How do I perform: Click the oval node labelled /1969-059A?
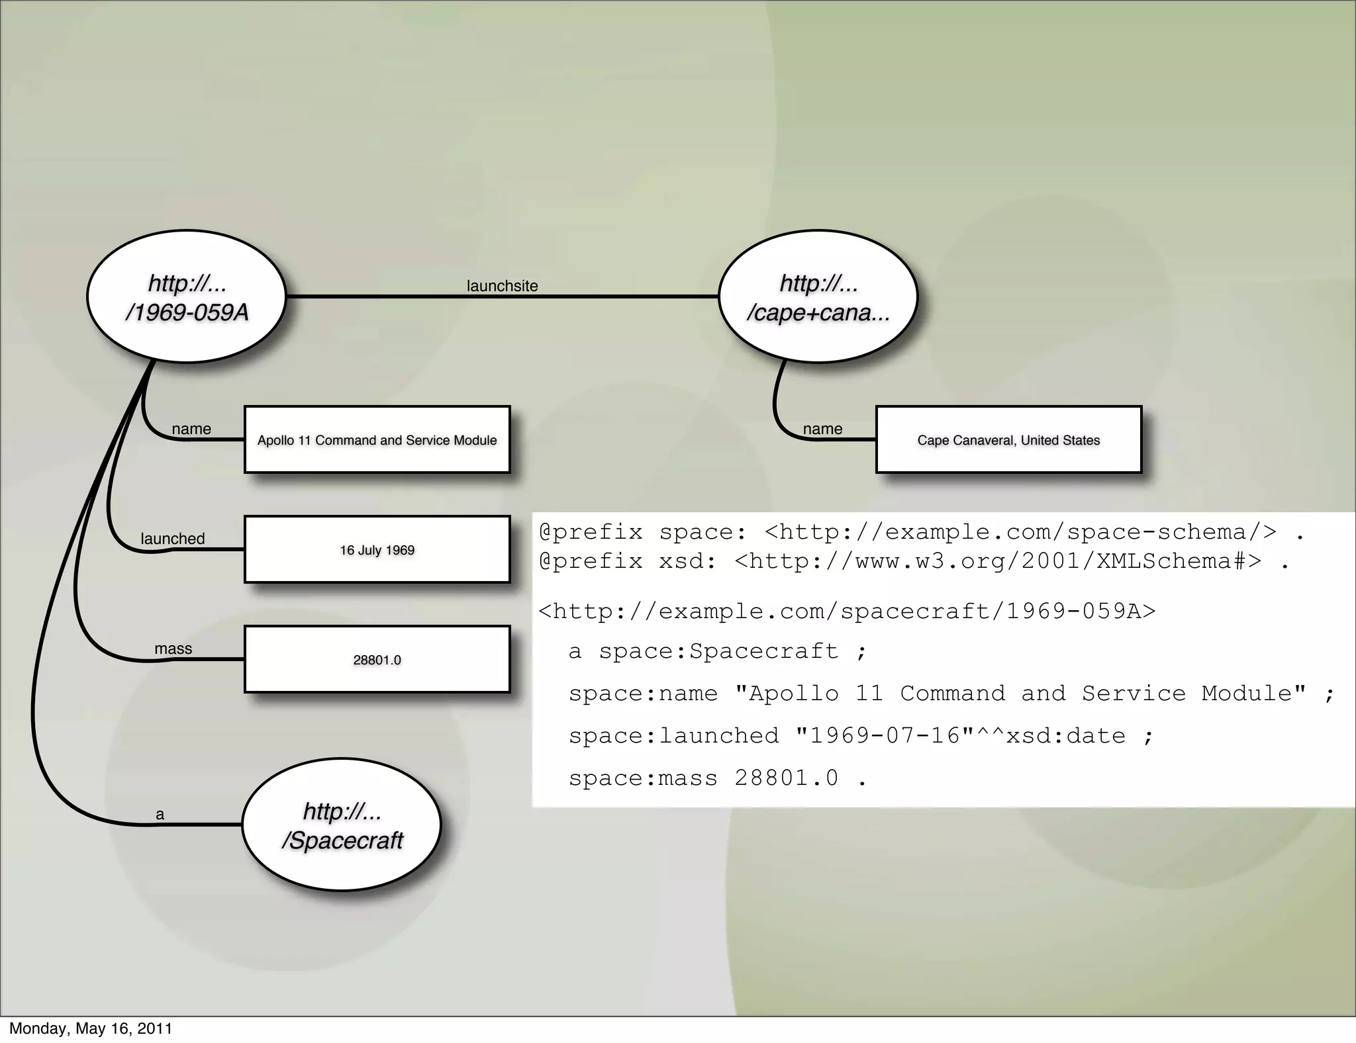coord(187,296)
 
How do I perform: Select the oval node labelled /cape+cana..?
coord(818,296)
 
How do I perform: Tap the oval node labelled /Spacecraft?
coord(342,825)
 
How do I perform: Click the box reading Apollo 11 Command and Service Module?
coord(377,440)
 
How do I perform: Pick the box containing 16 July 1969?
coord(377,550)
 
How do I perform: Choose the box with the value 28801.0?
coord(377,660)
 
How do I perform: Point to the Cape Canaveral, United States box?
coord(1008,440)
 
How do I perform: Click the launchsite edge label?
coord(502,286)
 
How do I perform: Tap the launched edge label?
coord(173,539)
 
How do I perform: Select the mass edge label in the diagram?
coord(173,649)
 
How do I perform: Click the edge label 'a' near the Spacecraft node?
coord(160,815)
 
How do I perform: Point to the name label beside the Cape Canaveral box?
coord(822,429)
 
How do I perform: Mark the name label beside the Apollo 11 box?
coord(191,429)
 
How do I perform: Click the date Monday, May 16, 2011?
coord(91,1028)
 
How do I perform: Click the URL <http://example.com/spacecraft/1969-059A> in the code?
coord(847,611)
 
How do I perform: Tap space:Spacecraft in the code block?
coord(718,651)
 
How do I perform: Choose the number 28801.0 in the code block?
coord(787,778)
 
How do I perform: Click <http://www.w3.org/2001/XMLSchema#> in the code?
coord(998,561)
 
